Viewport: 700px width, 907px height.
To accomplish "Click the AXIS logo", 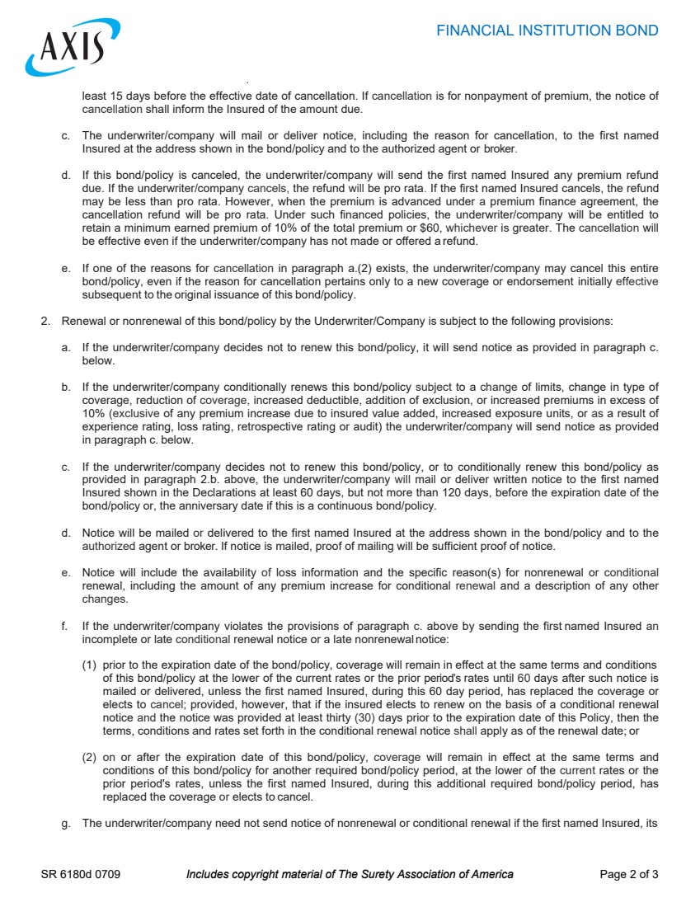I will [73, 47].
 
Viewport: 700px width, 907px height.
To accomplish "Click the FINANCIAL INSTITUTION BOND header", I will [547, 31].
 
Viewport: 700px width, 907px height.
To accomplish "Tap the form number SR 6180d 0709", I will [81, 874].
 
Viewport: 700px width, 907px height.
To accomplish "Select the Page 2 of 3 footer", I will [629, 874].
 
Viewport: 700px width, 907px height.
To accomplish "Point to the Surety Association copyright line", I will [350, 874].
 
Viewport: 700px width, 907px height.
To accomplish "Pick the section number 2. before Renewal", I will [46, 321].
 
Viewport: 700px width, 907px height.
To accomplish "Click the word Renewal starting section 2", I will [83, 321].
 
